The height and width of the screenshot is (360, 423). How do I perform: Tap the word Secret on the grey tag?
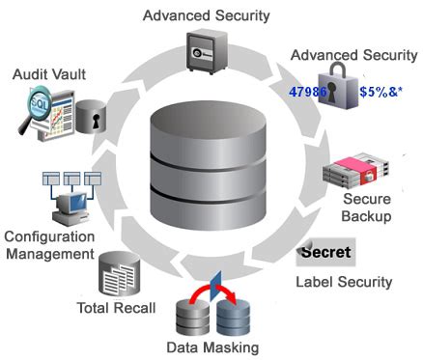tap(325, 253)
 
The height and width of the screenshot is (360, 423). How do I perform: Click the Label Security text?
tap(343, 282)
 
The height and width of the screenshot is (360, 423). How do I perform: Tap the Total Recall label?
tap(112, 308)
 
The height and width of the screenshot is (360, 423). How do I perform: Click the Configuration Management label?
tap(49, 244)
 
